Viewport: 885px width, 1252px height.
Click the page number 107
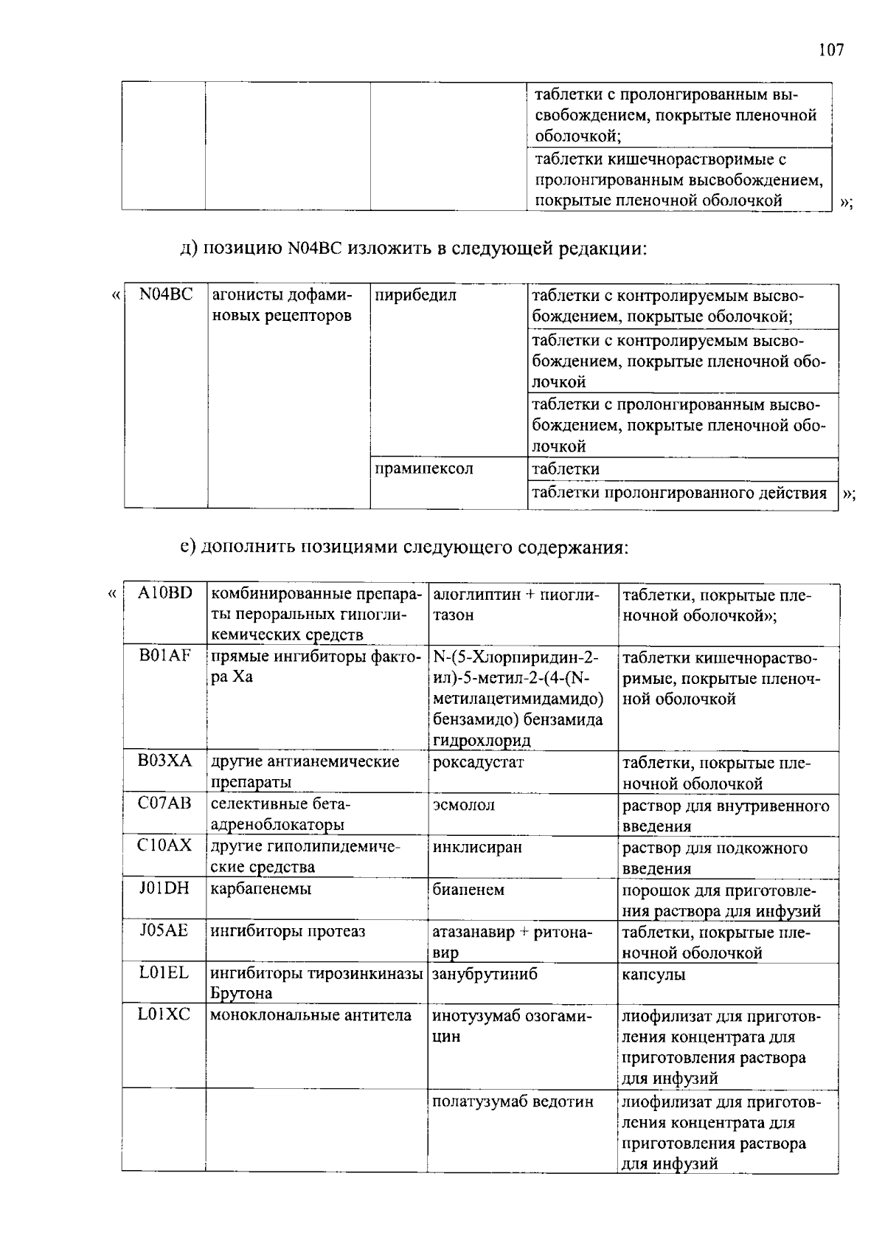coord(830,50)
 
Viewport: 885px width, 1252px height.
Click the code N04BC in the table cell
coord(165,295)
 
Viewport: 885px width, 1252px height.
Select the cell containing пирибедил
coord(415,296)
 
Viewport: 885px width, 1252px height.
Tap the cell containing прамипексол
coord(424,469)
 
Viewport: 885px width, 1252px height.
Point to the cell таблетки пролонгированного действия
coord(679,493)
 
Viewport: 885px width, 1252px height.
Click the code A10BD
coord(164,593)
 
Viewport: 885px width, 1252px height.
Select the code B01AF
coord(164,656)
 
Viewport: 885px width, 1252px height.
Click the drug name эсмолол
coord(463,805)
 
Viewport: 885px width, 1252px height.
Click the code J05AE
coord(164,931)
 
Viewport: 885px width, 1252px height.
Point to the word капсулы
coord(653,975)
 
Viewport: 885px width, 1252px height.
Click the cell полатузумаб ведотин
coord(513,1102)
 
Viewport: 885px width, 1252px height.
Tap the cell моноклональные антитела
coord(310,1016)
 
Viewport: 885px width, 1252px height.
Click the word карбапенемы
coord(261,889)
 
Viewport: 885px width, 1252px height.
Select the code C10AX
coord(164,846)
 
